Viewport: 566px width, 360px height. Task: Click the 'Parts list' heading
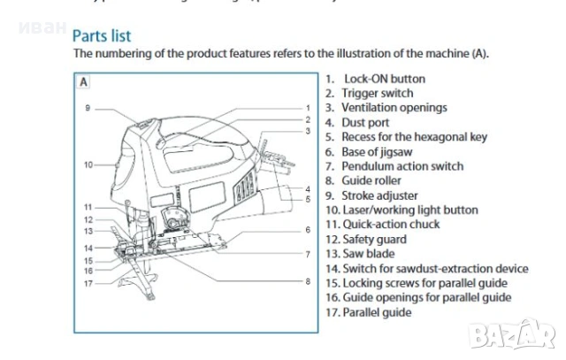coord(102,35)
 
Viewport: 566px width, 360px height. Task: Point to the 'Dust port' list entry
coord(366,122)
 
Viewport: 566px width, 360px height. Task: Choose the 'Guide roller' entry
coord(371,180)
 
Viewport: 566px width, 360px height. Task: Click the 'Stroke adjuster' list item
coord(379,195)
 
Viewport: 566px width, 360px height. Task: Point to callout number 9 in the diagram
coord(88,108)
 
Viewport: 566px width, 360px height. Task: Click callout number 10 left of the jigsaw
coord(88,165)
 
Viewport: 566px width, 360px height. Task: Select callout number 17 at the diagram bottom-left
coord(88,284)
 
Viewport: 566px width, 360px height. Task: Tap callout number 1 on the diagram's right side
coord(308,108)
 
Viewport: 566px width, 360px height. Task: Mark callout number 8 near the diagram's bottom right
coord(308,281)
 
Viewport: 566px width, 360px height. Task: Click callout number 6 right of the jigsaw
coord(308,229)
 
